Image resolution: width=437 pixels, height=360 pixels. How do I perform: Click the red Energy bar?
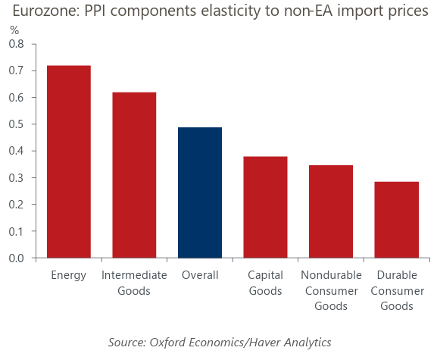69,161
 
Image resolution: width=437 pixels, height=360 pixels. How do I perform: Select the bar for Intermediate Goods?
134,175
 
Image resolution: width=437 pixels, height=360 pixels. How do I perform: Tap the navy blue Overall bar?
200,193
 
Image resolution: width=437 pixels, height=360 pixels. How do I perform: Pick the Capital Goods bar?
265,207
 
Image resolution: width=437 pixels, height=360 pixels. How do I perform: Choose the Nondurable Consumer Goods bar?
331,211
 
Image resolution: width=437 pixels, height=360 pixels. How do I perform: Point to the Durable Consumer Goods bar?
397,220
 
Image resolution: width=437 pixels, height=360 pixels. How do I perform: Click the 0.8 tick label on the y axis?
17,44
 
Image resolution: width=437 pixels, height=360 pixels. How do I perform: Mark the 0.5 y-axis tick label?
17,124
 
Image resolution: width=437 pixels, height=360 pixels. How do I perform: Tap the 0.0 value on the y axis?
17,258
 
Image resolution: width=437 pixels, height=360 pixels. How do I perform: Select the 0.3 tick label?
17,178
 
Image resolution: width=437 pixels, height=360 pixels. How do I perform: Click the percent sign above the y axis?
14,30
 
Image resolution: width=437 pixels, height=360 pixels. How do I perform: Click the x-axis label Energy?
69,276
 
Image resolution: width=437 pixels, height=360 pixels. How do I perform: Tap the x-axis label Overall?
200,275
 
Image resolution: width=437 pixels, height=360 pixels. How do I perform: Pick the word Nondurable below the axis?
331,275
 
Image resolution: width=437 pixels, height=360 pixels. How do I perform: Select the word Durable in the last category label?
397,275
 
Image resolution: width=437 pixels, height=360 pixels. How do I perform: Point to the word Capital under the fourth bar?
265,276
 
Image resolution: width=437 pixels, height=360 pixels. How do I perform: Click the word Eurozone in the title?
46,11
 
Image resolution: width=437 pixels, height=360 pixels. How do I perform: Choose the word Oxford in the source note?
168,342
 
